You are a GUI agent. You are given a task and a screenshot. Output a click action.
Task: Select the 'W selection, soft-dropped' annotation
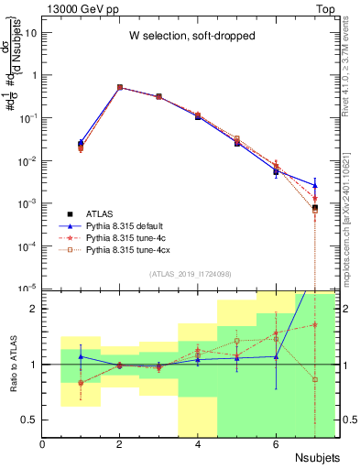[186, 36]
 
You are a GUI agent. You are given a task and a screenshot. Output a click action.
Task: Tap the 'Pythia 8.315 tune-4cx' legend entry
[132, 248]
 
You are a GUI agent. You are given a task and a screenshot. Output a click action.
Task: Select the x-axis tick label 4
[198, 445]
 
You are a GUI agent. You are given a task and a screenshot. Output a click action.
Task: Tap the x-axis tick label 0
[43, 445]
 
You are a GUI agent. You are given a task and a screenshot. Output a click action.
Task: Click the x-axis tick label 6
[276, 445]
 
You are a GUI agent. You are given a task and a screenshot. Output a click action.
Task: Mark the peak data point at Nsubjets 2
[120, 87]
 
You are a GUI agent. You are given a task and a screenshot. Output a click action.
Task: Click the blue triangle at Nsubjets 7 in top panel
[314, 186]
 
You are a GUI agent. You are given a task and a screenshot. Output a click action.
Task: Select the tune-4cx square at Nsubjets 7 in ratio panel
[314, 379]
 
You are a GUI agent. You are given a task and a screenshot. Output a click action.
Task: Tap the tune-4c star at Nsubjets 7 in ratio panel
[314, 324]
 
